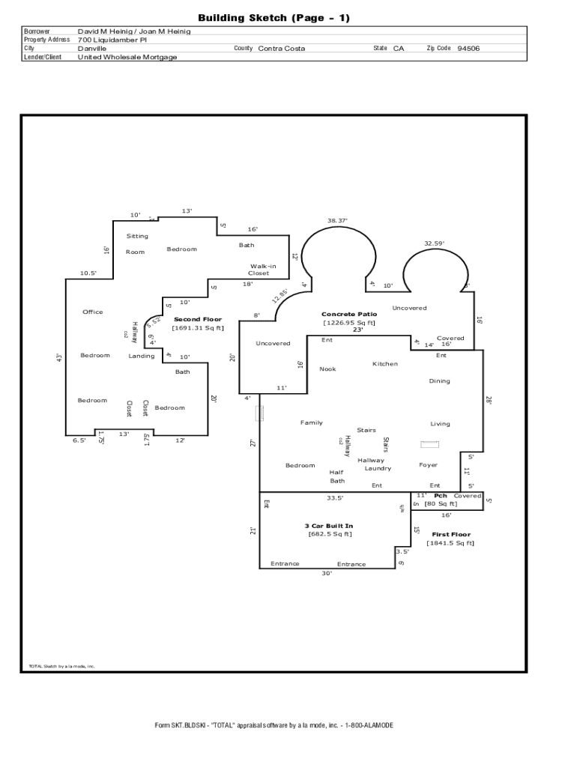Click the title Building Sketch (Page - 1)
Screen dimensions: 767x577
point(274,18)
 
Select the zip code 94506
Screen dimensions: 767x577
point(468,48)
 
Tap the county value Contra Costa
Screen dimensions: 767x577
point(282,48)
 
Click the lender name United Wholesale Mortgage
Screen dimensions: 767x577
point(127,57)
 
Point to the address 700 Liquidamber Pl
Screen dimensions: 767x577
point(112,40)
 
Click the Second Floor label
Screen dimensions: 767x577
point(198,319)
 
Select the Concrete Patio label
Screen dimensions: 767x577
point(349,315)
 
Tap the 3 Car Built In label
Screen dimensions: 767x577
point(329,526)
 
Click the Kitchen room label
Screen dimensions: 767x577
point(385,364)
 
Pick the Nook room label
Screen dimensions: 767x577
point(327,369)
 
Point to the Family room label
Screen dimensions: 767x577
point(312,423)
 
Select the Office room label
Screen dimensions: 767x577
point(93,312)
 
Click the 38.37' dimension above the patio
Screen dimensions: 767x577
point(337,221)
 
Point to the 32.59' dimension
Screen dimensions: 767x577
point(434,243)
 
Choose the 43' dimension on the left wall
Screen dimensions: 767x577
point(59,358)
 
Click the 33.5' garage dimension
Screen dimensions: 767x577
point(335,498)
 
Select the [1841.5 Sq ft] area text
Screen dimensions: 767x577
point(450,544)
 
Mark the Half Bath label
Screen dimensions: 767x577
point(337,476)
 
